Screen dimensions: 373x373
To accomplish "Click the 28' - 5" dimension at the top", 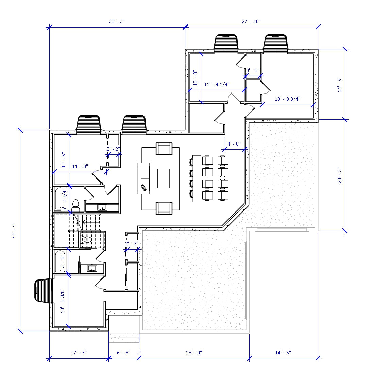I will tap(117, 21).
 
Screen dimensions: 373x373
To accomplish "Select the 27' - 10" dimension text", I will tap(251, 21).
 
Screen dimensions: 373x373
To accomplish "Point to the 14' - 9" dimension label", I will tap(339, 85).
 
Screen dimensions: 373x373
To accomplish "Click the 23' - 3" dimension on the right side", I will tap(339, 175).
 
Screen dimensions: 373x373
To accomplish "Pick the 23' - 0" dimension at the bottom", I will tap(194, 353).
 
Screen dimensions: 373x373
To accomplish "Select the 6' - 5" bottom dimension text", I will tap(124, 353).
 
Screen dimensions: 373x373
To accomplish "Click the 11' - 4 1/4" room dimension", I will tap(217, 84).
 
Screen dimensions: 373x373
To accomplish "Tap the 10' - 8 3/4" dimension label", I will tap(288, 99).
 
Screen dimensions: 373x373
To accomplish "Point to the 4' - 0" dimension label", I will tap(234, 144).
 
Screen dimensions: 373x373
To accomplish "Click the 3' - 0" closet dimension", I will tap(253, 70).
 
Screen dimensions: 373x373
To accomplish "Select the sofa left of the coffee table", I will tap(143, 179).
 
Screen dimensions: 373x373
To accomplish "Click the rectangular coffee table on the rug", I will tap(164, 179).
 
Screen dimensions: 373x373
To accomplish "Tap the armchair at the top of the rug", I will tap(164, 149).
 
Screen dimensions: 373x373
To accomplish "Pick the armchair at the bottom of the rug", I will tap(164, 208).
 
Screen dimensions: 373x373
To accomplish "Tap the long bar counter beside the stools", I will tap(197, 179).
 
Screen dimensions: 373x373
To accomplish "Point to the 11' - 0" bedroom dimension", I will tap(80, 166).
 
